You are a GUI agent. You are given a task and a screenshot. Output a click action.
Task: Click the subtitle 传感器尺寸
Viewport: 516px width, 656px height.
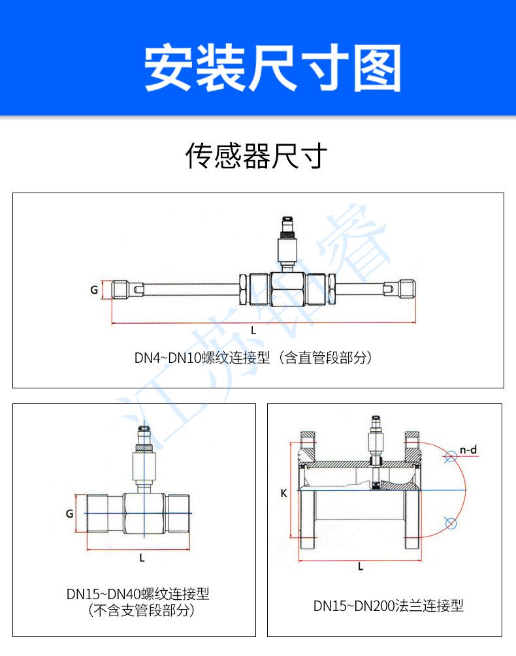point(256,156)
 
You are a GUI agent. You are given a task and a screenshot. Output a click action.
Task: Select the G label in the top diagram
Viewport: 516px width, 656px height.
point(95,290)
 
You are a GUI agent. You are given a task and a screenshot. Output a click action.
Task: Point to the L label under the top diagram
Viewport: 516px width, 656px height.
point(253,330)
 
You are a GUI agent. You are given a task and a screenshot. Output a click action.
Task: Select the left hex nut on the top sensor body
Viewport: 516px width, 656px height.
point(243,289)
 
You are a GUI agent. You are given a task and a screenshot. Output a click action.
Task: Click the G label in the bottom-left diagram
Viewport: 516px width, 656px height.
point(69,514)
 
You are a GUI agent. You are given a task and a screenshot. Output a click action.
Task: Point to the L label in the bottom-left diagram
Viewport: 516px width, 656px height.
point(142,558)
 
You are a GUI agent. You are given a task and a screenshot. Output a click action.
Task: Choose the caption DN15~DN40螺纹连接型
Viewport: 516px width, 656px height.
point(138,594)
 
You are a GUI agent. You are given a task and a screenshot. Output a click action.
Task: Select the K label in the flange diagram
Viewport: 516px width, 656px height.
point(284,493)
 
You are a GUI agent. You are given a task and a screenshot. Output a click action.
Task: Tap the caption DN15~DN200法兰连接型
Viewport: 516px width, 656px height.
point(388,606)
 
